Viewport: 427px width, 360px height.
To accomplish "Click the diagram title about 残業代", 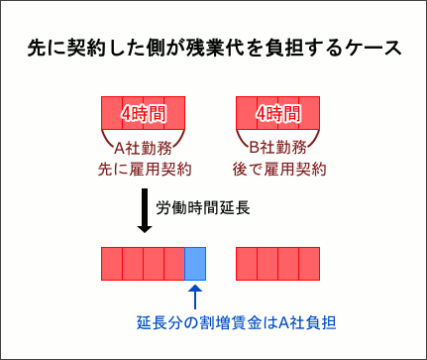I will pyautogui.click(x=213, y=49).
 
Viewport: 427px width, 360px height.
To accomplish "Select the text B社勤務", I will pyautogui.click(x=278, y=149).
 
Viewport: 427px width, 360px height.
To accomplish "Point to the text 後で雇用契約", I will pyautogui.click(x=278, y=170).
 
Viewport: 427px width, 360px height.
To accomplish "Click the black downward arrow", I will pyautogui.click(x=144, y=212).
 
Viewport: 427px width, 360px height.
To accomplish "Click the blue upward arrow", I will pyautogui.click(x=195, y=296).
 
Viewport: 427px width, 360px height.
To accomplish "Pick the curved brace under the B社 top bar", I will pyautogui.click(x=278, y=135).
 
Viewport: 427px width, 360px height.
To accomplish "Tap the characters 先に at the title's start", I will pyautogui.click(x=39, y=49).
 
